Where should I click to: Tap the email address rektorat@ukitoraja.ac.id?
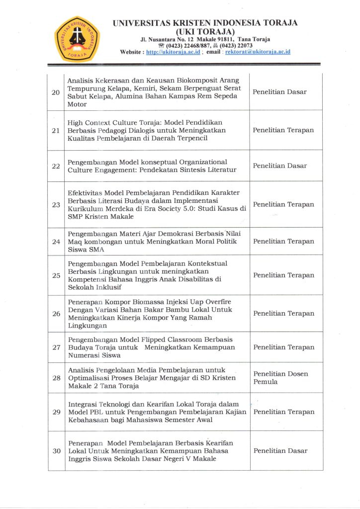tap(258, 52)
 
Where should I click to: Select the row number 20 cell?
tap(56, 92)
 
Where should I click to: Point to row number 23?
tap(56, 204)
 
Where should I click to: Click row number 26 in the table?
tap(56, 314)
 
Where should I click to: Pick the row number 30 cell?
tap(56, 451)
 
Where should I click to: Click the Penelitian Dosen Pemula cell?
tap(280, 378)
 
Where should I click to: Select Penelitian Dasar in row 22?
tap(279, 166)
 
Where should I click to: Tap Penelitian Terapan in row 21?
tap(283, 130)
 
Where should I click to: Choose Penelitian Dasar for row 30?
tap(280, 451)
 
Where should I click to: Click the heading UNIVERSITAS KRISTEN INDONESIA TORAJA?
tap(205, 23)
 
